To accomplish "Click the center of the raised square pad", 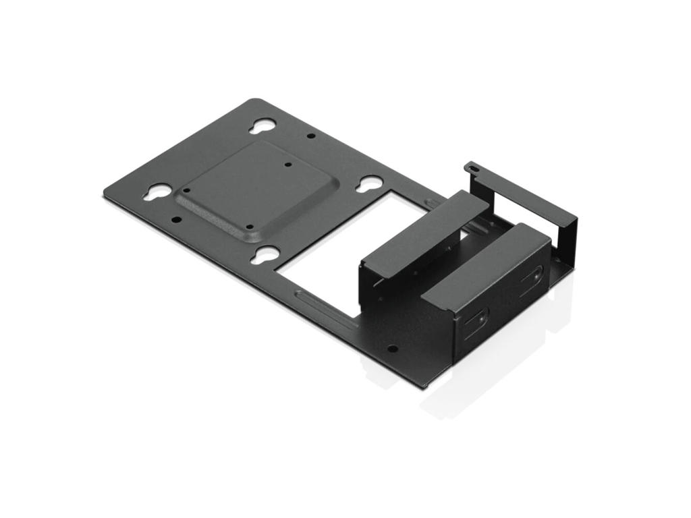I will coord(255,190).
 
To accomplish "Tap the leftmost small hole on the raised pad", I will coord(187,190).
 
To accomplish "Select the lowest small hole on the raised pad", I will coord(249,227).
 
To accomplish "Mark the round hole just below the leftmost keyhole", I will coord(176,219).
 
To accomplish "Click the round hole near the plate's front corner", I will coord(392,349).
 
